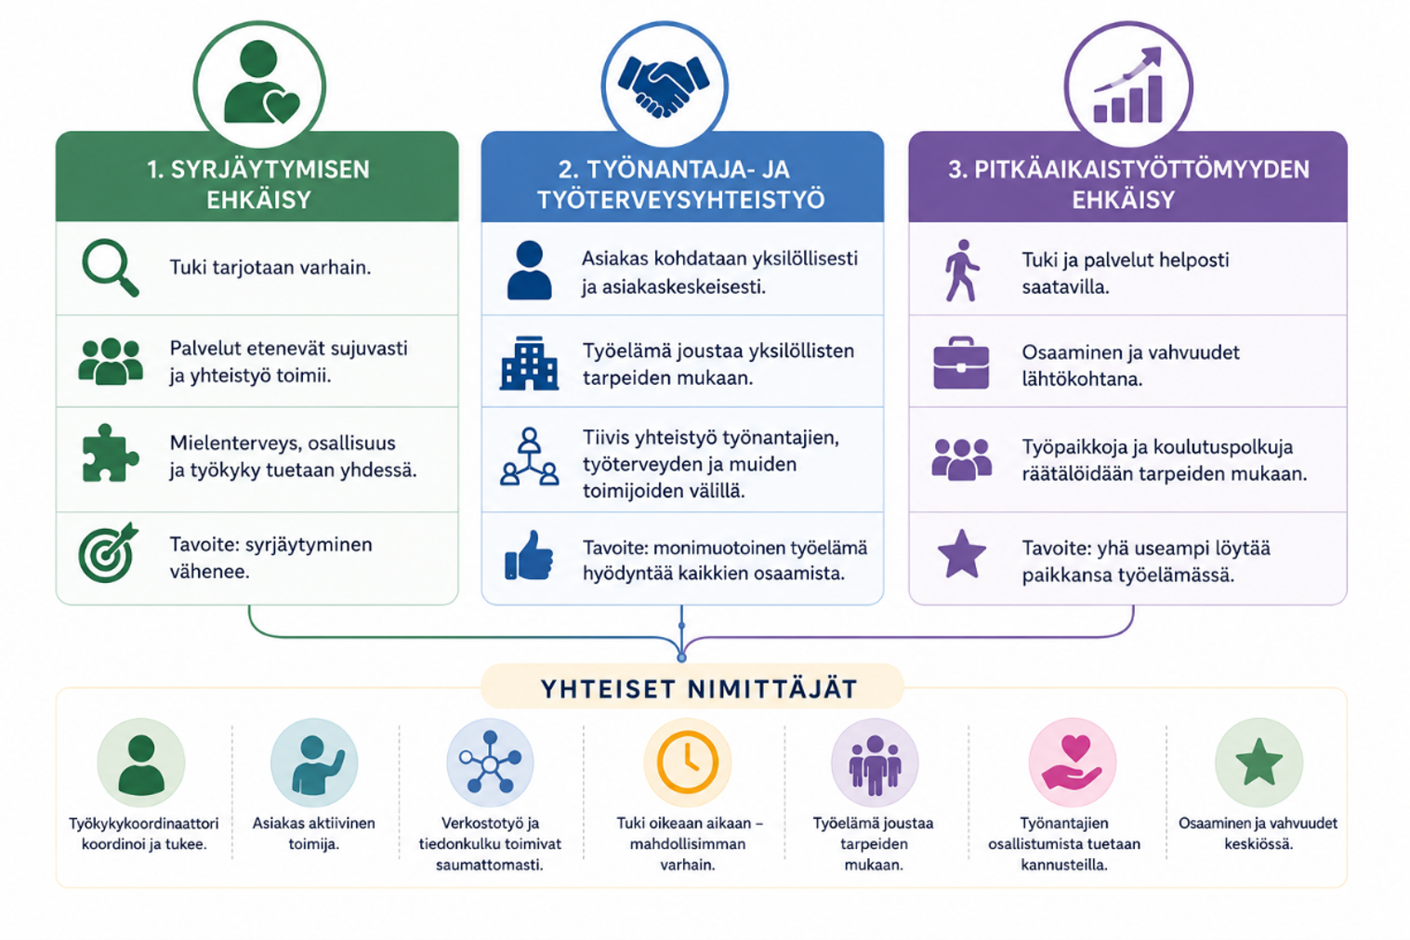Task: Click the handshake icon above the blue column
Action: (x=664, y=86)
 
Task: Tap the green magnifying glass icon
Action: (x=111, y=267)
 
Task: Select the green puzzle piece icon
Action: (x=110, y=454)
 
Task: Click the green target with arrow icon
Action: (x=108, y=552)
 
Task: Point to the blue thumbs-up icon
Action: (x=529, y=555)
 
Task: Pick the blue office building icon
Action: (x=529, y=364)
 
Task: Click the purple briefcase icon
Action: (x=960, y=364)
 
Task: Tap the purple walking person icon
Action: (x=962, y=271)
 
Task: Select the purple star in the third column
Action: (x=962, y=553)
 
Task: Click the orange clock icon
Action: (x=688, y=761)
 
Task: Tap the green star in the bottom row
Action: (x=1258, y=761)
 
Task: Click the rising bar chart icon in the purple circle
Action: (x=1128, y=85)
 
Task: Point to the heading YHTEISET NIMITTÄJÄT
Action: (x=699, y=689)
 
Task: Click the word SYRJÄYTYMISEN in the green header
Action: (x=270, y=170)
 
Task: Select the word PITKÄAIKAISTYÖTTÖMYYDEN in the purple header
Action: (x=1141, y=170)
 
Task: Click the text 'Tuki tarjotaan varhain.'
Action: (x=270, y=268)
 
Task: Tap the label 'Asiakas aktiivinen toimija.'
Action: (x=313, y=833)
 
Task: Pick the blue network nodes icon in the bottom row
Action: (x=490, y=762)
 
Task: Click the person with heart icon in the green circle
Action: (x=260, y=83)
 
